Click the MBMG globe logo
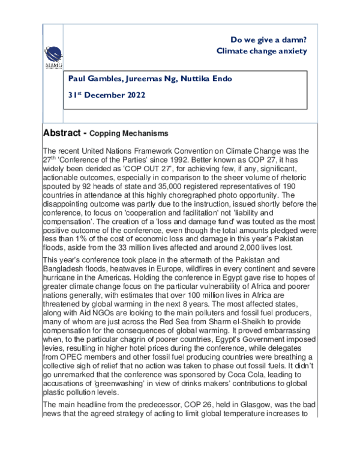(x=55, y=52)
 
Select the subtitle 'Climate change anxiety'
(x=262, y=51)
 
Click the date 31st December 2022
(x=107, y=95)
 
